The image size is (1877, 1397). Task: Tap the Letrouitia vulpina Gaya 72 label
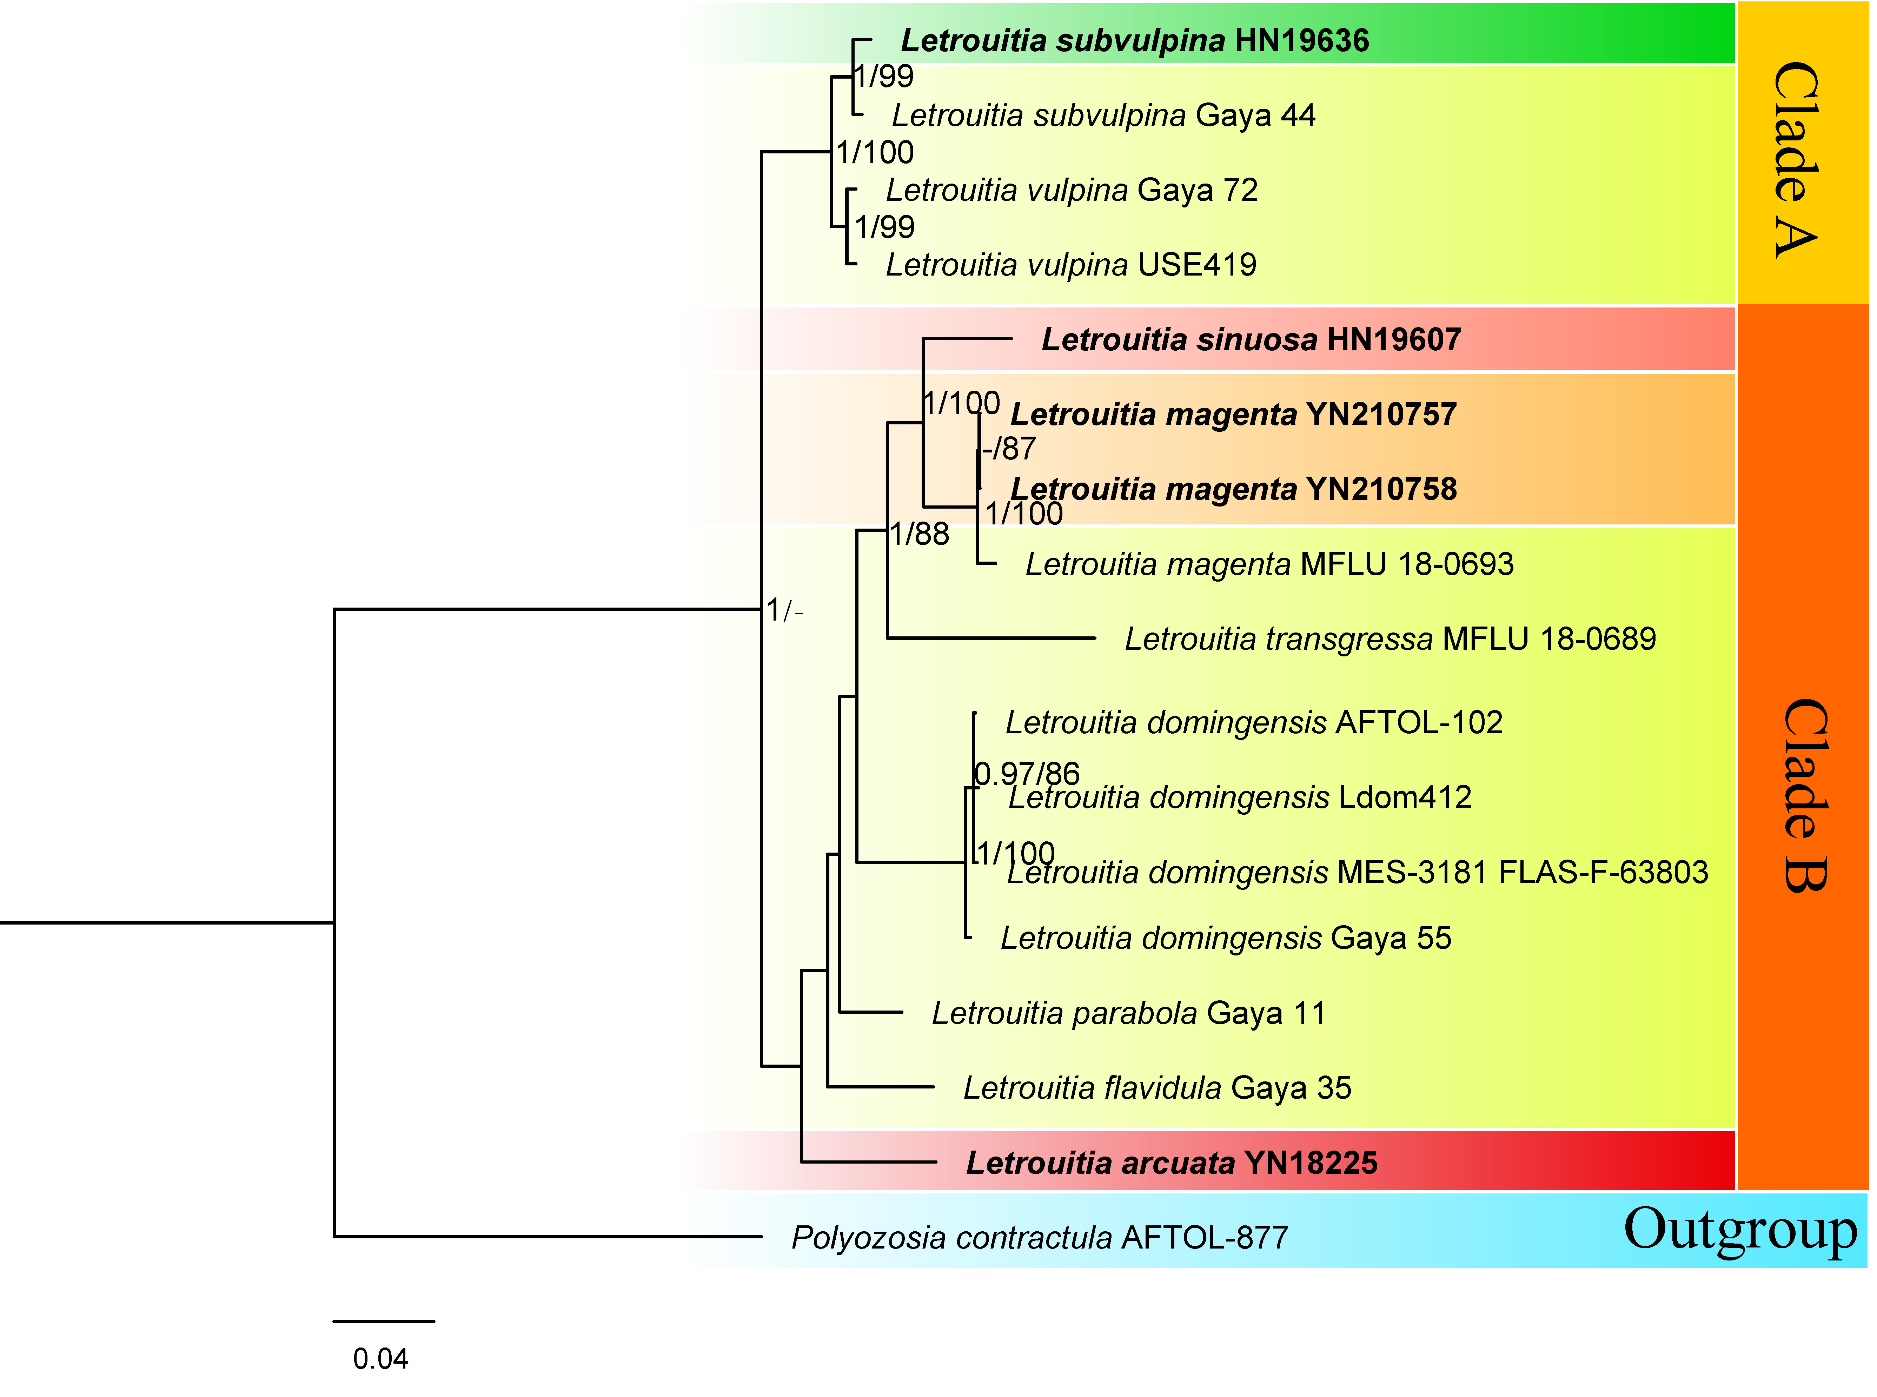(1071, 190)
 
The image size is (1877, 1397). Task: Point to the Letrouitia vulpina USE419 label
(1070, 265)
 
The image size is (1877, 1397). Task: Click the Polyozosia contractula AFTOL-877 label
(1039, 1238)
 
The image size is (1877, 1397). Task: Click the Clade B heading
(1805, 795)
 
